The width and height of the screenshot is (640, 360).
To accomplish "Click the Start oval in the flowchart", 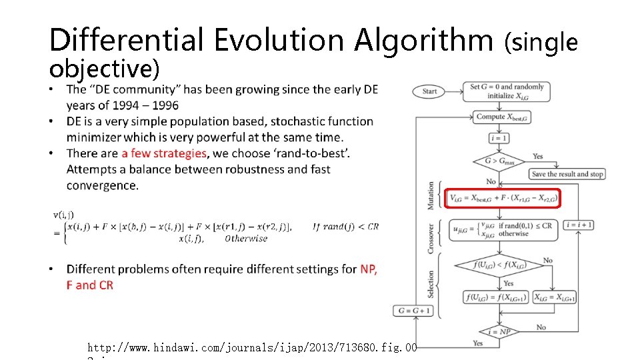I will [x=429, y=91].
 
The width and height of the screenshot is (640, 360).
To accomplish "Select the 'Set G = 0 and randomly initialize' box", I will [x=507, y=91].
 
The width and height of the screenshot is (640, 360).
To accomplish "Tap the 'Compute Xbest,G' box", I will [x=500, y=117].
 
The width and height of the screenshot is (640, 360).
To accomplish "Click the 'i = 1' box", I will [x=500, y=139].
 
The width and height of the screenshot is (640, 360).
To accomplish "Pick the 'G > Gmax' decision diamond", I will [x=500, y=161].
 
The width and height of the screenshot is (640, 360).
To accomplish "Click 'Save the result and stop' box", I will [x=567, y=174].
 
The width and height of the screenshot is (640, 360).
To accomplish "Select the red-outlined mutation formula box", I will [x=504, y=198].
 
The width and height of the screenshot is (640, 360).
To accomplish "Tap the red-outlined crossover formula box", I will [x=504, y=229].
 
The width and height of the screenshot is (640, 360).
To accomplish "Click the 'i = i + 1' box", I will [x=579, y=225].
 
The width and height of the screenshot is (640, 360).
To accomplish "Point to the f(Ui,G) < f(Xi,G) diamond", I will [x=500, y=265].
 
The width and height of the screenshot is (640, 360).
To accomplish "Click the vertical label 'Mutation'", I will [x=431, y=196].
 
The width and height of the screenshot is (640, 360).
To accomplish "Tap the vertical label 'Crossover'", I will [x=431, y=238].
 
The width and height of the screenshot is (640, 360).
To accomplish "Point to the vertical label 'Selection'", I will [x=431, y=284].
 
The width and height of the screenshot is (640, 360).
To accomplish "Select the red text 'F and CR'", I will [x=89, y=285].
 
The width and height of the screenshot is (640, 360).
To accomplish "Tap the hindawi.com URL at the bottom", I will [x=252, y=347].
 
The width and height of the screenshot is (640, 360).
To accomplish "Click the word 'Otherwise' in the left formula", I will [x=246, y=239].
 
